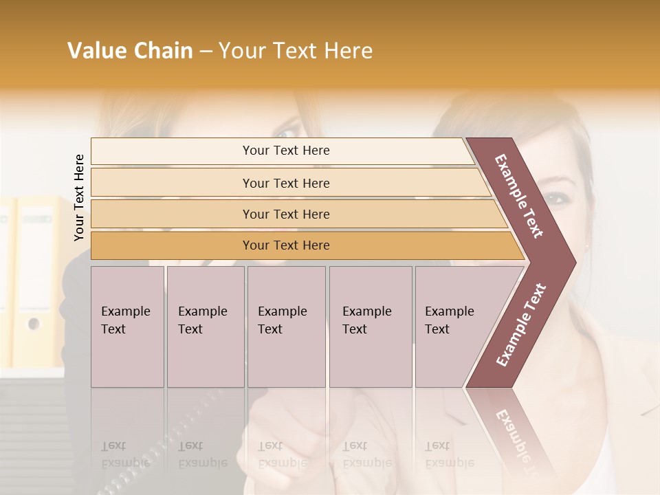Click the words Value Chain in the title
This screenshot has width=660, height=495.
coord(130,51)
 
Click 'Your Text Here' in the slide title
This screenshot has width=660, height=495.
coord(296,51)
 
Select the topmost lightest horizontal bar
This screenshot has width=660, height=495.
coord(285,151)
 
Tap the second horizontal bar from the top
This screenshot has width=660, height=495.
coord(285,183)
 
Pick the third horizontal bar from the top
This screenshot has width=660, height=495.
coord(285,214)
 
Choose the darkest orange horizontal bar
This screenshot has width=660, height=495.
coord(285,245)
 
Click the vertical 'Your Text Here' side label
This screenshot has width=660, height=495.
coord(79,197)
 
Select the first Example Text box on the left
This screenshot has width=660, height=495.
coord(127,326)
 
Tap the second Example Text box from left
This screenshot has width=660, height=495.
coord(205,326)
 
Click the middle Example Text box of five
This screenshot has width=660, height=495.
coord(286,326)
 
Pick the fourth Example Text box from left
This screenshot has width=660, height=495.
coord(370,326)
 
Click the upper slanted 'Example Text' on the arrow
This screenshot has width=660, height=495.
coord(520,196)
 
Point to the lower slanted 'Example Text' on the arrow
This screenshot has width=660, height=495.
coord(521,324)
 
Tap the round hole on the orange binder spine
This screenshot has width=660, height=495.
coord(32,323)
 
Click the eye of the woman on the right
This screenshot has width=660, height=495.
coord(555,199)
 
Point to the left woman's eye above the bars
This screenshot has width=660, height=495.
coord(285,132)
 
